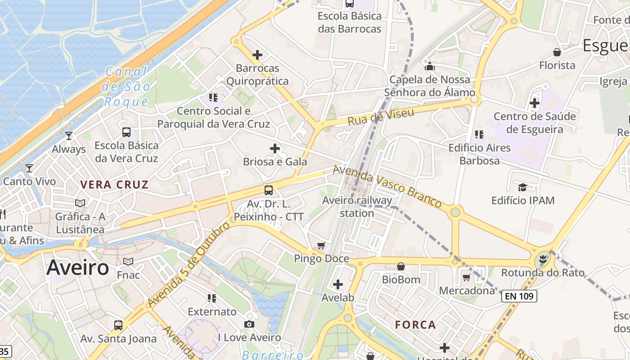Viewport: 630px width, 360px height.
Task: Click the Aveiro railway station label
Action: click(x=357, y=207)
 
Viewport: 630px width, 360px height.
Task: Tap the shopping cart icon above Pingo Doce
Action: click(x=321, y=246)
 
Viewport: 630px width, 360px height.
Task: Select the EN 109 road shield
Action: click(x=519, y=296)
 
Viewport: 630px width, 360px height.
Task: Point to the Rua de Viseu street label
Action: click(x=381, y=117)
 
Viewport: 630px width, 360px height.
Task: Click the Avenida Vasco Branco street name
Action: click(x=387, y=186)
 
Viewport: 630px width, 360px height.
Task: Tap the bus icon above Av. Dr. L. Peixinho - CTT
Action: click(x=269, y=190)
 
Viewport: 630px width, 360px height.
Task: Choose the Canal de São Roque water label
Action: click(x=126, y=86)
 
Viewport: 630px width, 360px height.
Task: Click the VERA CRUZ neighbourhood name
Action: click(x=114, y=184)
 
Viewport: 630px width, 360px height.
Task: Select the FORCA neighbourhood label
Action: click(x=415, y=324)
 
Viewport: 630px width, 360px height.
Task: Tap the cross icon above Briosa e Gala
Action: click(x=275, y=148)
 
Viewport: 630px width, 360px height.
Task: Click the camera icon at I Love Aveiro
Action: click(x=249, y=324)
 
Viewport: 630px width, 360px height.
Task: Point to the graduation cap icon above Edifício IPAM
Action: click(x=522, y=187)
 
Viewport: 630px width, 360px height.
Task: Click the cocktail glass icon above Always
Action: click(x=69, y=135)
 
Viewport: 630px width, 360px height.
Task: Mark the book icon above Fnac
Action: click(x=128, y=261)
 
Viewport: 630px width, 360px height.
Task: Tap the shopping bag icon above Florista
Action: click(x=557, y=52)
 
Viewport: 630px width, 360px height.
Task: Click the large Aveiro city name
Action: click(x=77, y=268)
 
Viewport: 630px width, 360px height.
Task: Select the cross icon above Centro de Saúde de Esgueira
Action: click(x=535, y=103)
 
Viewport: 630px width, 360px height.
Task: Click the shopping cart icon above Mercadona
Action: click(x=467, y=277)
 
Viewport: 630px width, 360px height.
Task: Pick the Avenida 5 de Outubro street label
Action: click(x=189, y=265)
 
